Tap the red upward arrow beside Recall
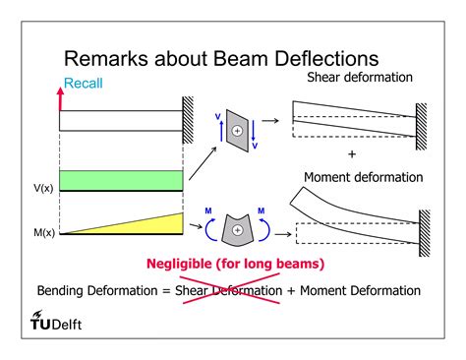60,95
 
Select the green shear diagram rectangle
121,180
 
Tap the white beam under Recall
121,120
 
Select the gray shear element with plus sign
236,130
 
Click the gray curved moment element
236,228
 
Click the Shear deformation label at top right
360,77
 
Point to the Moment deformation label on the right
363,177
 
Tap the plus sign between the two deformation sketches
351,155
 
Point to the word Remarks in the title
111,60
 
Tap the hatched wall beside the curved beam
426,228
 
